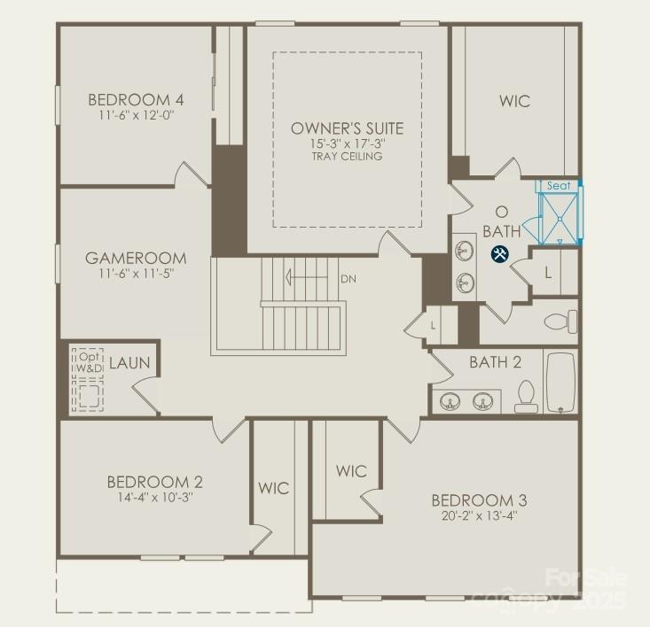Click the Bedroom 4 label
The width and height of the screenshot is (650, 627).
pyautogui.click(x=130, y=99)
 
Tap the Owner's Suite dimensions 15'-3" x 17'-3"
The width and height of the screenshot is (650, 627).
pyautogui.click(x=348, y=143)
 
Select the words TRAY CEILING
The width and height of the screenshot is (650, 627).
pyautogui.click(x=347, y=157)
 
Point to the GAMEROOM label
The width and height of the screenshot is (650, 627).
pyautogui.click(x=137, y=259)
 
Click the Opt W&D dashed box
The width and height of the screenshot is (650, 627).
pyautogui.click(x=89, y=380)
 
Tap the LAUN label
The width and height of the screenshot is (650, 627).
pyautogui.click(x=129, y=364)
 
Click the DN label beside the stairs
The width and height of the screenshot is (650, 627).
pyautogui.click(x=348, y=278)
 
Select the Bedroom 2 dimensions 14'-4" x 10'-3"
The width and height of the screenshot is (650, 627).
pyautogui.click(x=155, y=498)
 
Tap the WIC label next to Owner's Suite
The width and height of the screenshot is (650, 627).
pyautogui.click(x=514, y=101)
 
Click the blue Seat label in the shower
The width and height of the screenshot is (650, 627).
pyautogui.click(x=559, y=186)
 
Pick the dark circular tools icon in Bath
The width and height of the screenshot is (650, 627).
pyautogui.click(x=500, y=255)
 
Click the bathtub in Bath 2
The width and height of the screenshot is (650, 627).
pyautogui.click(x=560, y=383)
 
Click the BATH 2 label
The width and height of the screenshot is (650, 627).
pyautogui.click(x=495, y=362)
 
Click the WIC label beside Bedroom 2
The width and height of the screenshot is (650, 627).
pyautogui.click(x=274, y=489)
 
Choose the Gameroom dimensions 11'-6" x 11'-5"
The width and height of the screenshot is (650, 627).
pyautogui.click(x=137, y=274)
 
